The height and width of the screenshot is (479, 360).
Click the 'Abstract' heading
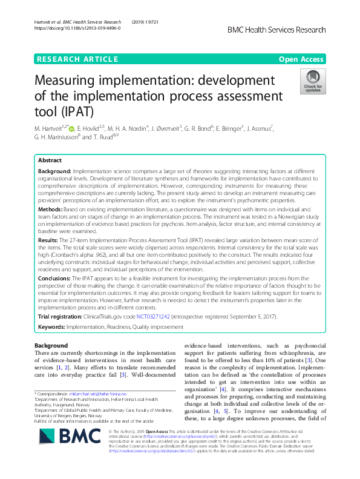point(50,161)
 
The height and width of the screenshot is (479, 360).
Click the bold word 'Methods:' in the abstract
point(51,208)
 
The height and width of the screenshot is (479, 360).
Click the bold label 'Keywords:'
point(54,327)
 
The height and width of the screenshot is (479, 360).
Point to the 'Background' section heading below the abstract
point(51,345)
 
